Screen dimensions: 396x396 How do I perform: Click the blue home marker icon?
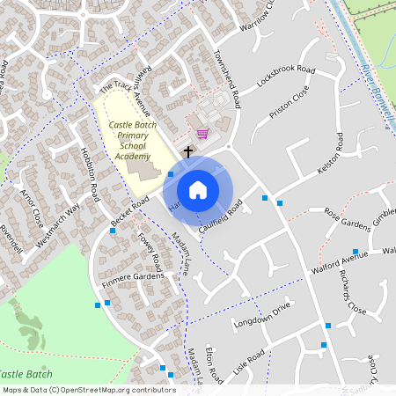click(x=198, y=189)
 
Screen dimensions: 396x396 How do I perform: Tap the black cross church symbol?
click(x=187, y=152)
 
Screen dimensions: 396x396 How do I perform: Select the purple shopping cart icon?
click(x=203, y=134)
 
